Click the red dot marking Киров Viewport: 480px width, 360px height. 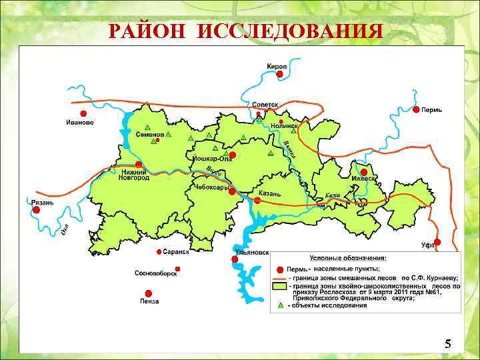tap(280, 75)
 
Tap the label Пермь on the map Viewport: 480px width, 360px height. tap(431, 109)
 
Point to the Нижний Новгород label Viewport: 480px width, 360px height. tap(134, 175)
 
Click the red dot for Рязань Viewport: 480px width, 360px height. tap(36, 209)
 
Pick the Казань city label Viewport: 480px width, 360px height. tap(270, 193)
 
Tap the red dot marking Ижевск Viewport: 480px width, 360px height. tap(364, 172)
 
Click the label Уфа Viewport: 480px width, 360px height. tap(427, 245)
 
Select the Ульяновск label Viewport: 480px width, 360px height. tap(253, 253)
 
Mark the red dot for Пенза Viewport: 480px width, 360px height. tap(148, 293)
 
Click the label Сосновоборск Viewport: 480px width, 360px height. tap(155, 273)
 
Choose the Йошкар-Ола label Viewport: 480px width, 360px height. tap(212, 159)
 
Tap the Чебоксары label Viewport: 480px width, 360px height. tap(212, 188)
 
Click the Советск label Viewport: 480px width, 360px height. tap(265, 105)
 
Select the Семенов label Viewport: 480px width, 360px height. tap(149, 135)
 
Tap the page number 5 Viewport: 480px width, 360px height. tap(447, 344)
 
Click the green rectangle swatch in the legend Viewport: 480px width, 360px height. tap(281, 285)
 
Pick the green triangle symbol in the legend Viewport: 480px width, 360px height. tap(281, 305)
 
